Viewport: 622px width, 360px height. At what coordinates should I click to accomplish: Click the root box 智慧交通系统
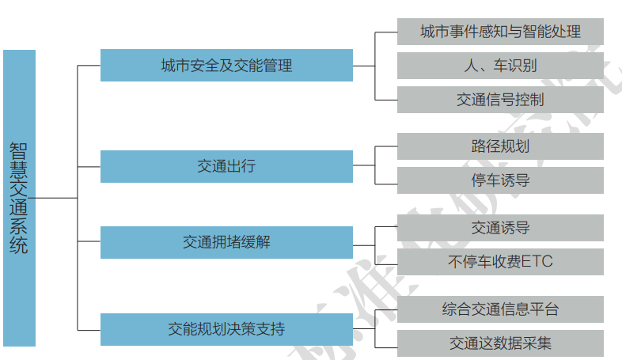(19, 198)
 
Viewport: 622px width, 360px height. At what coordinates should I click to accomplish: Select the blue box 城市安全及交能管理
(226, 65)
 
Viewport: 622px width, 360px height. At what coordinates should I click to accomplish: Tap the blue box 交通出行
(226, 166)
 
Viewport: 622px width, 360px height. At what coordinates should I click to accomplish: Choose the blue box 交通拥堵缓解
(226, 242)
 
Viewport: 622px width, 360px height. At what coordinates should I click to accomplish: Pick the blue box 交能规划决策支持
(226, 328)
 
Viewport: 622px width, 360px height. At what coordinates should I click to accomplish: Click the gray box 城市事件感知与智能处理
(500, 32)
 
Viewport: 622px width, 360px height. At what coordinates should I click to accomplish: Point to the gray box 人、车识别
(500, 66)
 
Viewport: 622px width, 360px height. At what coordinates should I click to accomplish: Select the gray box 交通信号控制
(500, 100)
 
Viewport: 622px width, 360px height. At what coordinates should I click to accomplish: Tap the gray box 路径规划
(500, 146)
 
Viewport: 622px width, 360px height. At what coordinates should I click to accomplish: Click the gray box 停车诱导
(500, 180)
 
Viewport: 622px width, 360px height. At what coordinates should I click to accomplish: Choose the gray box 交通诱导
(500, 228)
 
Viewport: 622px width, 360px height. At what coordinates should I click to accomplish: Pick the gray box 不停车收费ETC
(500, 262)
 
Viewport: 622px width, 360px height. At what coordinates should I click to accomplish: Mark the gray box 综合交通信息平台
(500, 309)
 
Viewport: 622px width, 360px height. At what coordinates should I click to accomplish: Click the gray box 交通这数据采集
(500, 343)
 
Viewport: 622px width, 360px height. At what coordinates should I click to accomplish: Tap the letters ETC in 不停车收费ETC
(537, 262)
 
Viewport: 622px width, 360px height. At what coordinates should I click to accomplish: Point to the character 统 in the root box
(19, 244)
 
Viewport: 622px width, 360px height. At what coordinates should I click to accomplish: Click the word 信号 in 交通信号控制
(500, 100)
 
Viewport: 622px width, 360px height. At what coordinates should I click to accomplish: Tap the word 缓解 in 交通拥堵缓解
(256, 242)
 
